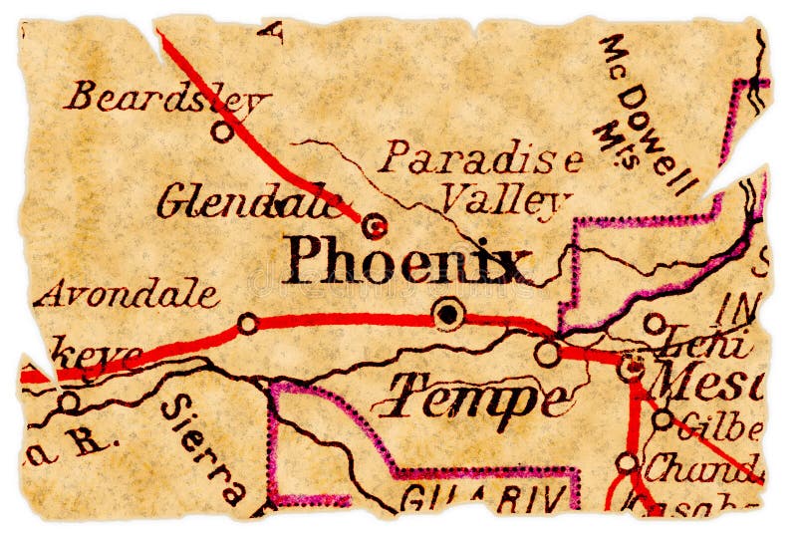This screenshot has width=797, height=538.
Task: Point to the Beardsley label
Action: pyautogui.click(x=167, y=98)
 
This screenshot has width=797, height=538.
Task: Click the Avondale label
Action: pyautogui.click(x=127, y=294)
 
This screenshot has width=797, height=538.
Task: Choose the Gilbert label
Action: pyautogui.click(x=718, y=428)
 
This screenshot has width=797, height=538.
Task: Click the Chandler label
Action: pyautogui.click(x=702, y=465)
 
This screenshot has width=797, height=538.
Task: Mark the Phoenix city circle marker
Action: pyautogui.click(x=449, y=315)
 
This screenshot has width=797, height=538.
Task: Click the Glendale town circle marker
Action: pyautogui.click(x=375, y=227)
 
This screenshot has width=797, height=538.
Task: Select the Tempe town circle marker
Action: pyautogui.click(x=546, y=353)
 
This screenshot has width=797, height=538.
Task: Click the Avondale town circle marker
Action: pyautogui.click(x=248, y=323)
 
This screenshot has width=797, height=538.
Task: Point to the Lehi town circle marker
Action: pyautogui.click(x=654, y=323)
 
